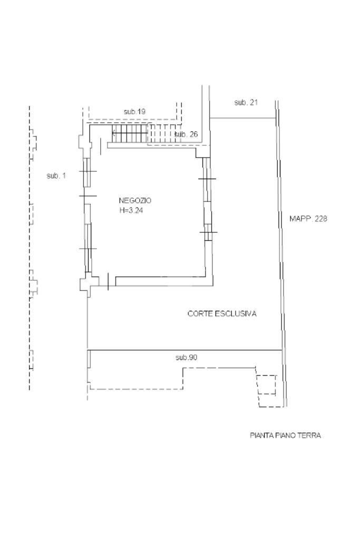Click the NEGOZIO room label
tap(135, 200)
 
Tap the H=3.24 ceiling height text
tap(131, 210)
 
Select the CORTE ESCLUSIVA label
tap(222, 313)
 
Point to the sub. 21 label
tap(246, 102)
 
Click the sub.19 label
tap(135, 112)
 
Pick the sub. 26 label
tap(186, 134)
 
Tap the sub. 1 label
tap(56, 176)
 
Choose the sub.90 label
tap(187, 358)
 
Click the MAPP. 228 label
tap(308, 219)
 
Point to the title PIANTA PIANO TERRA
tap(285, 436)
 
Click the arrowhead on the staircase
tap(113, 133)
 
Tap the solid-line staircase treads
tap(130, 133)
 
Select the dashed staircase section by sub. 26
tap(164, 133)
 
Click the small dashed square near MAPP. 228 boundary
tap(267, 385)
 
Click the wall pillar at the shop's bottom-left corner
tap(86, 284)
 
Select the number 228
tap(320, 219)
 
